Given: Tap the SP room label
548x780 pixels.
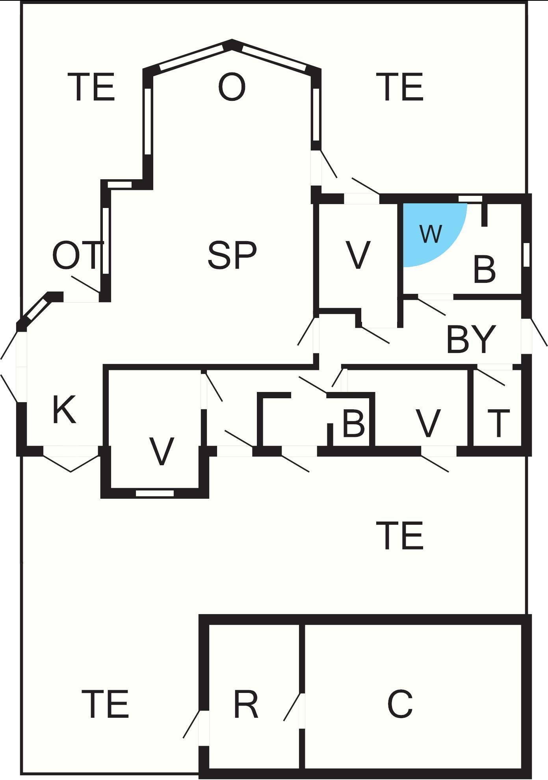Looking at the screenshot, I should click(232, 256).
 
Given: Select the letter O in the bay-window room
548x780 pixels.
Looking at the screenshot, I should click(232, 87).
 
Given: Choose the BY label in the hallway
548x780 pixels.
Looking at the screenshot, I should click(471, 339).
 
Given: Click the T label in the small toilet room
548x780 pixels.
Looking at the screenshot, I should click(498, 423).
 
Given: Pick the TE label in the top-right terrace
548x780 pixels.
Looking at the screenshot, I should click(402, 87).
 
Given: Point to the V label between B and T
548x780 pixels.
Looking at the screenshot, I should click(428, 423).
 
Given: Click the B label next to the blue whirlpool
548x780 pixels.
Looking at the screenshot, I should click(484, 270).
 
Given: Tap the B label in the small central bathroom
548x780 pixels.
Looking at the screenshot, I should click(353, 424).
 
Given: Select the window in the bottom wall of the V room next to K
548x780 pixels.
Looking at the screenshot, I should click(154, 493).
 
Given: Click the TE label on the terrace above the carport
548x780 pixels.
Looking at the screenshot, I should click(402, 535).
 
